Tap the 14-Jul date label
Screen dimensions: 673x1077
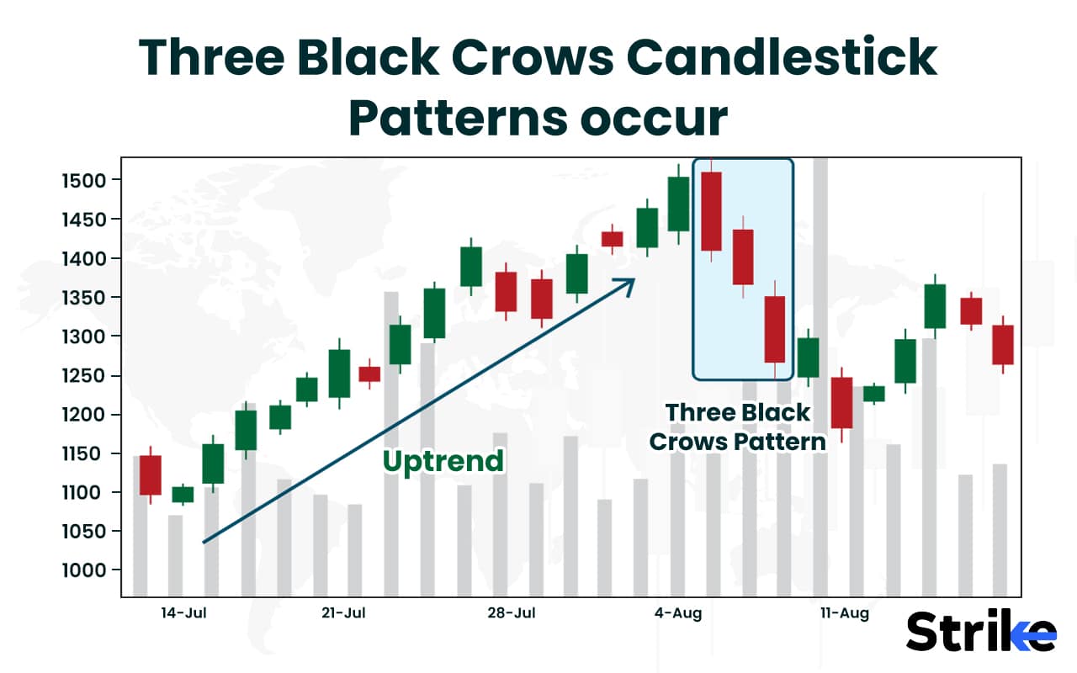183,613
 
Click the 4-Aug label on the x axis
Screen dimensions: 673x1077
679,613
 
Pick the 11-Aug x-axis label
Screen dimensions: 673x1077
844,613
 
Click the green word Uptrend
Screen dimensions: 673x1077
443,461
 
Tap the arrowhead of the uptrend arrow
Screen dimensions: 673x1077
627,284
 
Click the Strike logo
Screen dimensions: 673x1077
981,632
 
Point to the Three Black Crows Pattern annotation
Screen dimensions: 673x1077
737,427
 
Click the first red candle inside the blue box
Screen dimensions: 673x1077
712,211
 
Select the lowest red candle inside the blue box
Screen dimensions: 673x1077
774,329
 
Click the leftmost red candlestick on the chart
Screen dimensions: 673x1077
151,475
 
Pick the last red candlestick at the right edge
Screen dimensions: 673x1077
1002,345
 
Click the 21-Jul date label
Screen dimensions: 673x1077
343,613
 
